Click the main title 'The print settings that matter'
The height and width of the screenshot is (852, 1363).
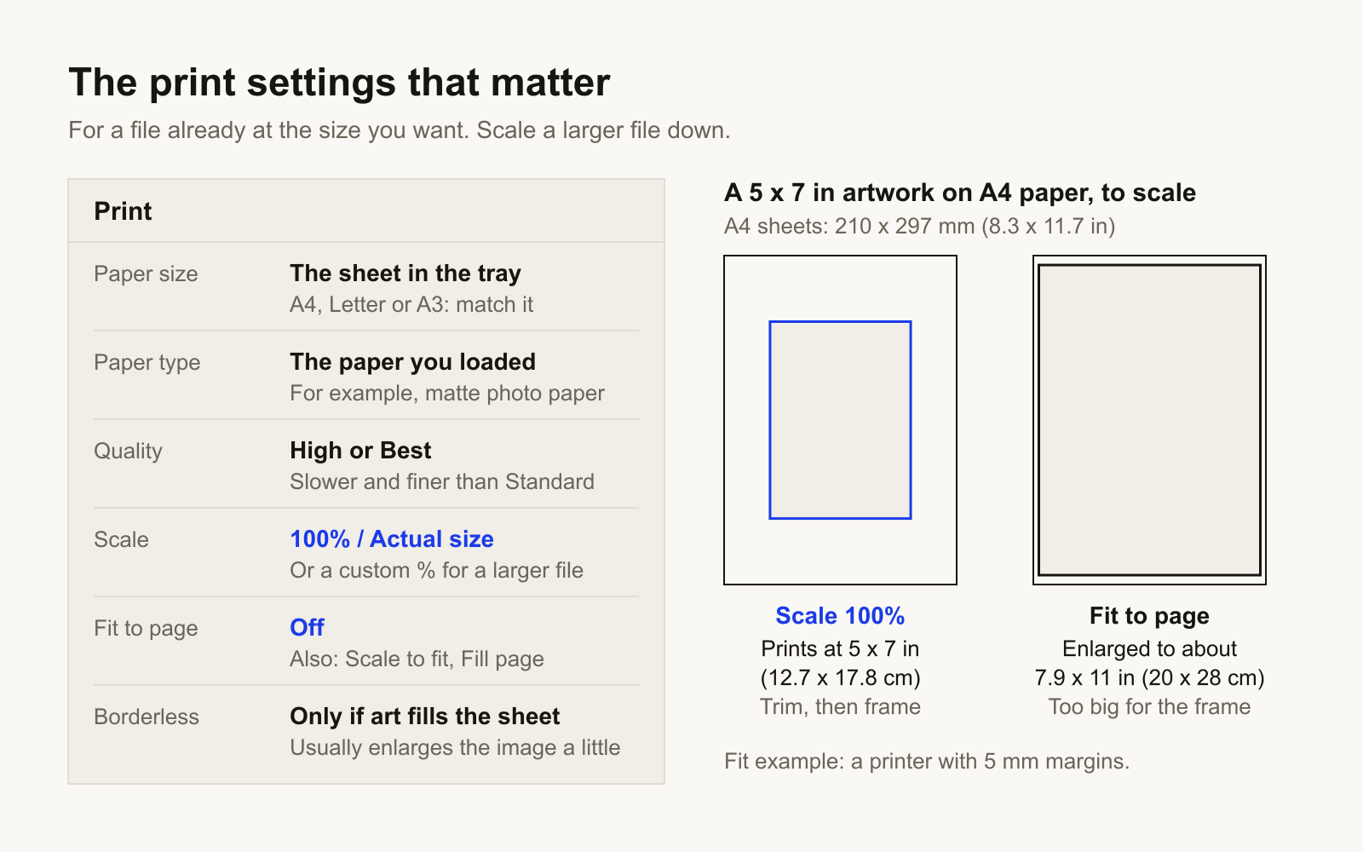click(339, 82)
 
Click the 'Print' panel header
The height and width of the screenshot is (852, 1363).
click(123, 211)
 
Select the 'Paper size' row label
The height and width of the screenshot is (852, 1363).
click(146, 273)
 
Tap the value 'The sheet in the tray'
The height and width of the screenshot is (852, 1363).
click(405, 273)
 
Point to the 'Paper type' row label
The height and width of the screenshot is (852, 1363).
click(147, 363)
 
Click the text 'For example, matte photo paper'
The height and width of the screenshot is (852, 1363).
click(447, 393)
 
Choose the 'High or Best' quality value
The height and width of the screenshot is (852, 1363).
click(360, 451)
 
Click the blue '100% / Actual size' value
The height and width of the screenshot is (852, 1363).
click(392, 539)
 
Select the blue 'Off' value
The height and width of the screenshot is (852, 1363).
click(307, 627)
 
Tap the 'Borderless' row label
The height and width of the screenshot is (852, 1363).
click(146, 717)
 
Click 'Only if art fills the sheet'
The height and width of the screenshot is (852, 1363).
click(425, 717)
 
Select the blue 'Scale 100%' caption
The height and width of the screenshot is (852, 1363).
click(840, 616)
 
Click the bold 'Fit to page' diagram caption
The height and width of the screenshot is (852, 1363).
click(1149, 616)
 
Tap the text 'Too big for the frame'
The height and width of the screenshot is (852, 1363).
click(1149, 706)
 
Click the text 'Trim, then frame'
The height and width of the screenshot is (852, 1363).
click(840, 706)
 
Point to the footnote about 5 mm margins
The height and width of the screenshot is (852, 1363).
click(927, 762)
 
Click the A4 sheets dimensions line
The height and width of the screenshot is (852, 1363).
click(919, 227)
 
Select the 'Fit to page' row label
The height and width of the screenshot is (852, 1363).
click(146, 629)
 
